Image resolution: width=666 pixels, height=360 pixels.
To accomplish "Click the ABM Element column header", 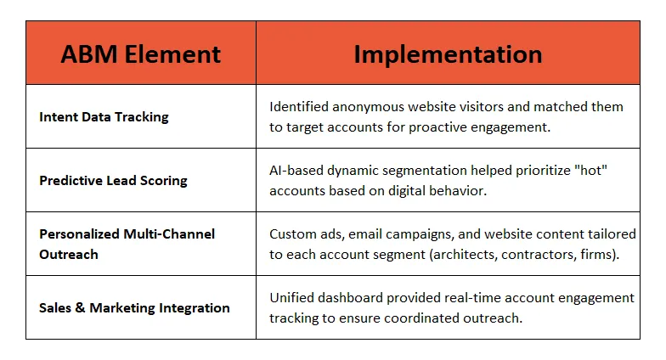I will (x=141, y=54).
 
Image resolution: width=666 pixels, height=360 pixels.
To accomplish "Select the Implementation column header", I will (x=448, y=54).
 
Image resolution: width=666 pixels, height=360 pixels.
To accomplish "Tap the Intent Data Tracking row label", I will (x=104, y=117).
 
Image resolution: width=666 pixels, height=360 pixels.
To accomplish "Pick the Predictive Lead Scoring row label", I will (x=113, y=181).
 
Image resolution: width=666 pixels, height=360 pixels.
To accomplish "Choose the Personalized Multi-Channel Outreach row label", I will (x=127, y=244).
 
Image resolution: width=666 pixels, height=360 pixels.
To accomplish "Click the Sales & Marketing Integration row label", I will (x=134, y=308).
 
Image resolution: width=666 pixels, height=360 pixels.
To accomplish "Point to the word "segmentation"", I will (x=425, y=171).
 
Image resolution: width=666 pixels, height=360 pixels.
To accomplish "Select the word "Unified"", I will (x=294, y=298).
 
